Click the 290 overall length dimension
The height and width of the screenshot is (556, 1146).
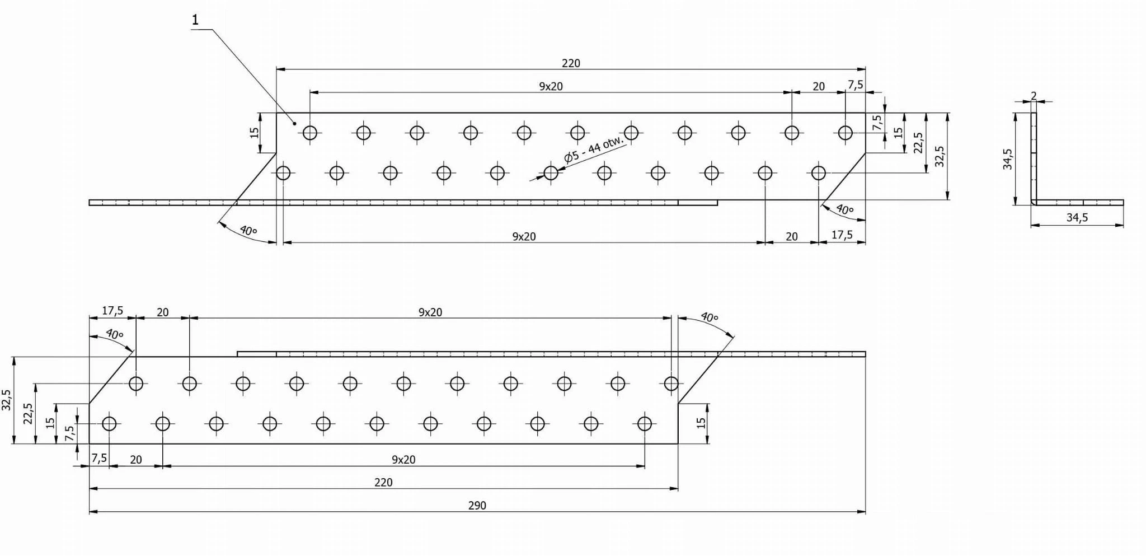point(477,505)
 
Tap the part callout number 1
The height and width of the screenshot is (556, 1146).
point(195,20)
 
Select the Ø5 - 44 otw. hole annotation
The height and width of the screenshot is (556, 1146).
point(594,149)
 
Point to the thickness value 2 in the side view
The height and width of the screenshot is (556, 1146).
point(1034,96)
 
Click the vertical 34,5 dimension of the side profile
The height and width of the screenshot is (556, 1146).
point(1008,159)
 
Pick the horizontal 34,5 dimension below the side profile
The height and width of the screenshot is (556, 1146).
point(1077,217)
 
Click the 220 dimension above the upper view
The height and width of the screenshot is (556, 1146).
point(571,63)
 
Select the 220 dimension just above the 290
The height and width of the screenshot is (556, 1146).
point(383,482)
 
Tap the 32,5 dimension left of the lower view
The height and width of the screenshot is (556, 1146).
point(7,400)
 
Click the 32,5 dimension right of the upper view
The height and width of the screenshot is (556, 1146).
point(940,157)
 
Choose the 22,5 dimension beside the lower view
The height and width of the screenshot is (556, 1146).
point(28,414)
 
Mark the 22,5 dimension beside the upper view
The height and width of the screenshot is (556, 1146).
point(918,143)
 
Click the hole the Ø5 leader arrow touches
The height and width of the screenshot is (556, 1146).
point(551,173)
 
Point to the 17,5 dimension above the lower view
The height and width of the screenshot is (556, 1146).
point(112,311)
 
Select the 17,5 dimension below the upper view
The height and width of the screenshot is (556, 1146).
point(842,235)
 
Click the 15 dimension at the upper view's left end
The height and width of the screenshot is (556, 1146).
point(255,133)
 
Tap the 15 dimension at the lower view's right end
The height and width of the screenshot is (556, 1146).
point(701,423)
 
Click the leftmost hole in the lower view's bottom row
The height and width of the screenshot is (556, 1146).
point(109,424)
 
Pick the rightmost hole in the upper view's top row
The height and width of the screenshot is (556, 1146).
point(845,133)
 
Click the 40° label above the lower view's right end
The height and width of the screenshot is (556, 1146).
point(709,317)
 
